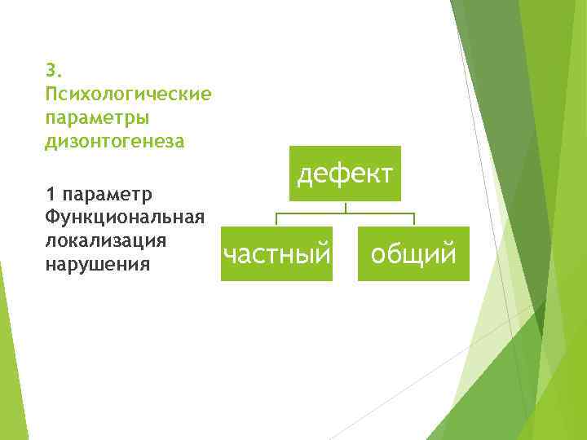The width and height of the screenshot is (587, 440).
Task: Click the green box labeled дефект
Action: point(345,173)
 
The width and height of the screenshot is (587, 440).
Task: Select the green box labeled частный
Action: point(277,254)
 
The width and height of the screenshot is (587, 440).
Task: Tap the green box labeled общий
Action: point(413,254)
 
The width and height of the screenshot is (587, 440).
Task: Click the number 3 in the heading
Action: point(51,68)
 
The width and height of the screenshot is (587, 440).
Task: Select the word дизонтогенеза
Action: point(116,142)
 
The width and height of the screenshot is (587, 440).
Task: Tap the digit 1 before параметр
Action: point(51,195)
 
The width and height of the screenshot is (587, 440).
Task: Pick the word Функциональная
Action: point(124,218)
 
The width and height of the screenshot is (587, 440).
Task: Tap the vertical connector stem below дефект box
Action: point(346,207)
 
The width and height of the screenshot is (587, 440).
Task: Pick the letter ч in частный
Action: point(231,255)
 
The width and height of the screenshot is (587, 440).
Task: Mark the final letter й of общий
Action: point(448,254)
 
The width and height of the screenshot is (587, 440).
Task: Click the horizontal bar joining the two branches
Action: point(345,213)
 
